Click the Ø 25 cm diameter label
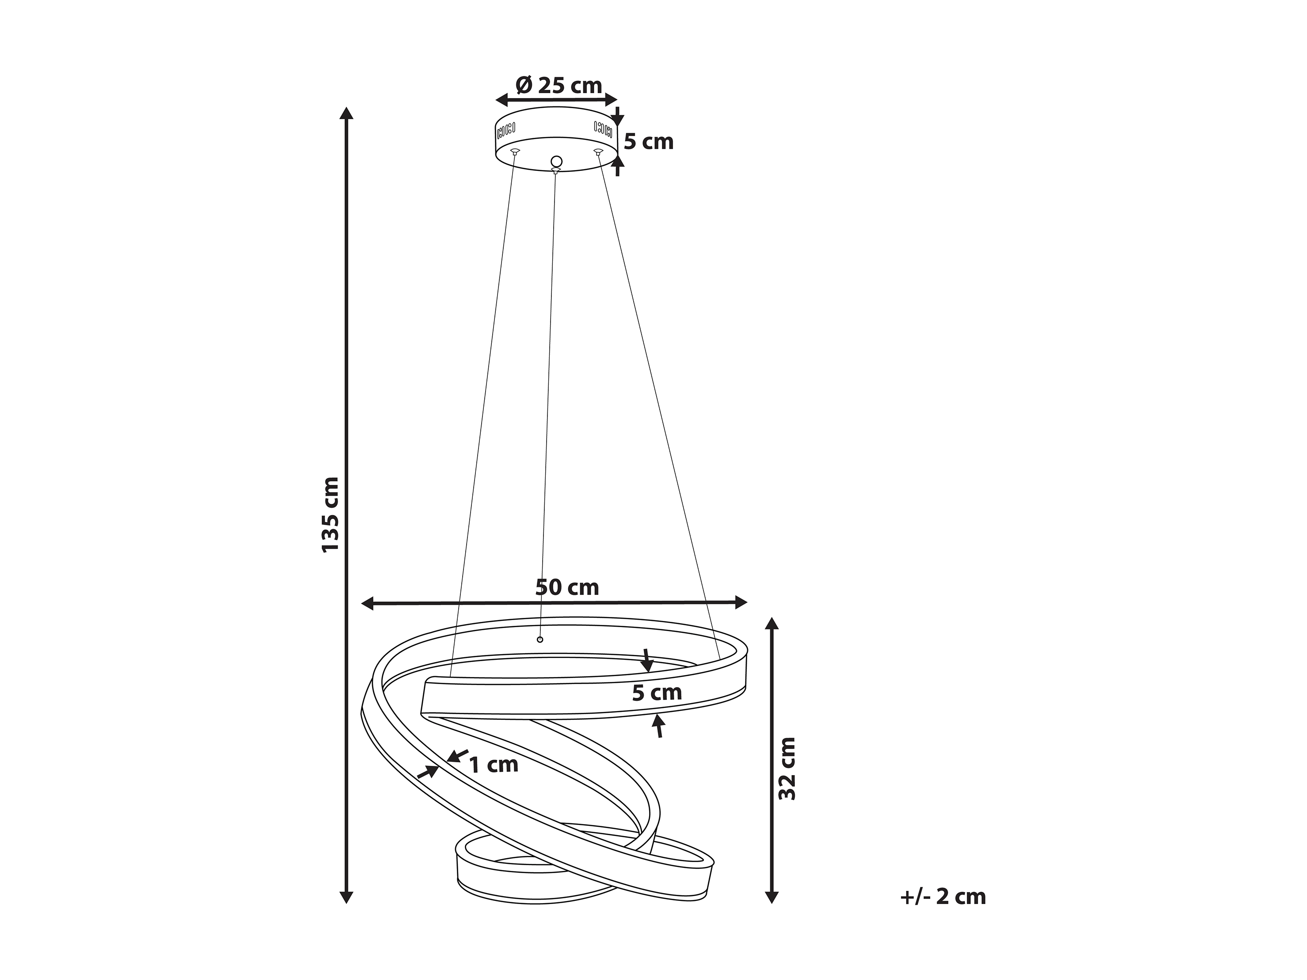559,86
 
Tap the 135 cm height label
331,515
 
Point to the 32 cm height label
787,768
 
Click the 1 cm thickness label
494,764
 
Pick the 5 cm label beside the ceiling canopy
649,142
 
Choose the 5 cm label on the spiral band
657,692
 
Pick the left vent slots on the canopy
506,128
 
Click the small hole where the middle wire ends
540,640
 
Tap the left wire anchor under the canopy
515,152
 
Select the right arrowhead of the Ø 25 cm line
610,99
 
